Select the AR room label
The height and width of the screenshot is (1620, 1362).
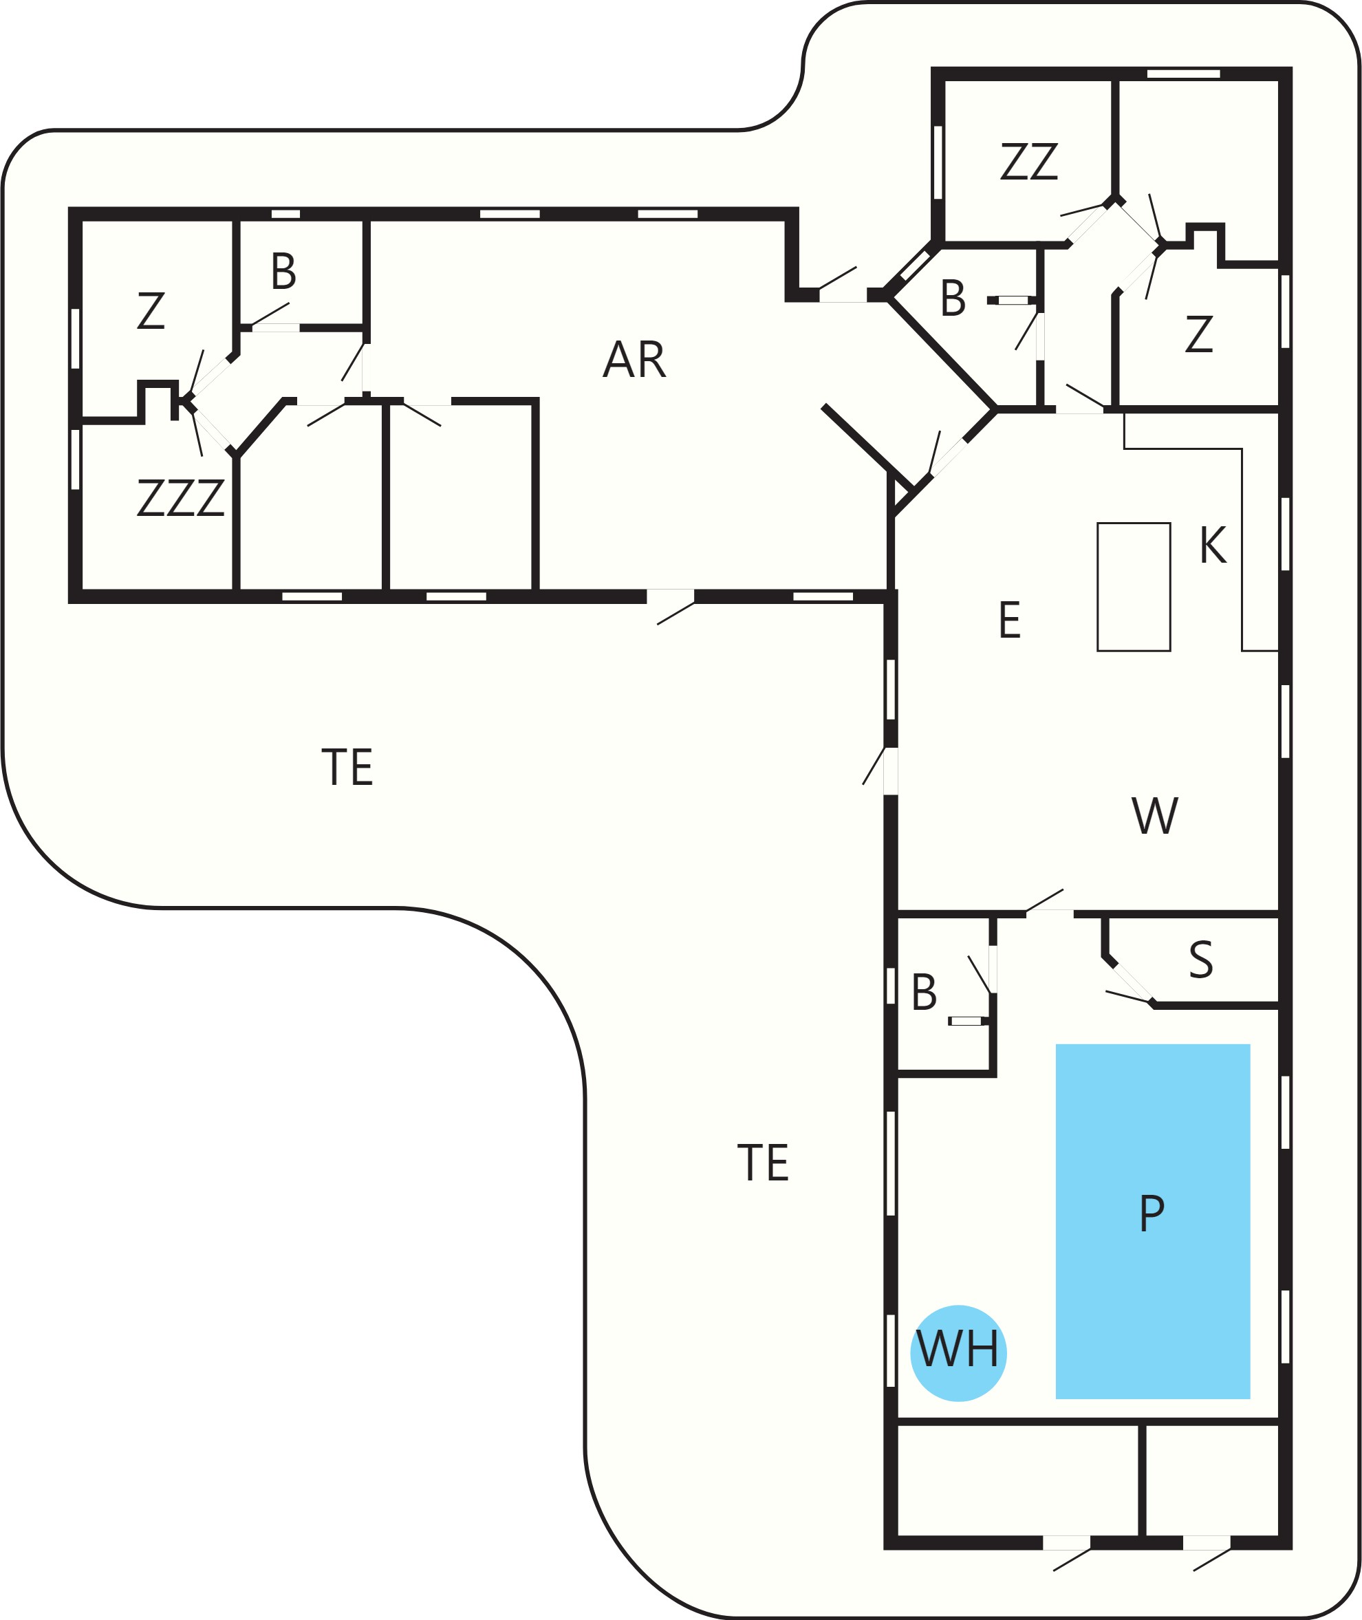click(x=634, y=359)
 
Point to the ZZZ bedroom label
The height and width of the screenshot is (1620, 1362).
click(x=181, y=498)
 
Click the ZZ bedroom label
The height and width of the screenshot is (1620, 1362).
click(x=1028, y=162)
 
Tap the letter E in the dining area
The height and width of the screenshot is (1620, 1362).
click(x=1010, y=619)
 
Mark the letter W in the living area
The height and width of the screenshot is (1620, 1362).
click(x=1155, y=815)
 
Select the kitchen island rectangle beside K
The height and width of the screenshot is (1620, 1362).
click(x=1134, y=587)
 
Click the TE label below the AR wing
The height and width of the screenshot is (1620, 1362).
click(x=347, y=767)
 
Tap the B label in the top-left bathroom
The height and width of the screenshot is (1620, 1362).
click(x=283, y=272)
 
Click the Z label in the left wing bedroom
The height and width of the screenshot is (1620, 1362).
click(x=151, y=310)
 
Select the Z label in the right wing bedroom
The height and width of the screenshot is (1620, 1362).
click(x=1198, y=334)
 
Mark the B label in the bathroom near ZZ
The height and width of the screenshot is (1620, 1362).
click(x=953, y=298)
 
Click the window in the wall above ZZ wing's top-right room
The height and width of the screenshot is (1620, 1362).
click(x=1183, y=74)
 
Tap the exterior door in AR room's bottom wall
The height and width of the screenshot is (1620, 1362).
click(x=670, y=596)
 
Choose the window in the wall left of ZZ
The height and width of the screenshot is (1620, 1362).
click(x=938, y=162)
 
